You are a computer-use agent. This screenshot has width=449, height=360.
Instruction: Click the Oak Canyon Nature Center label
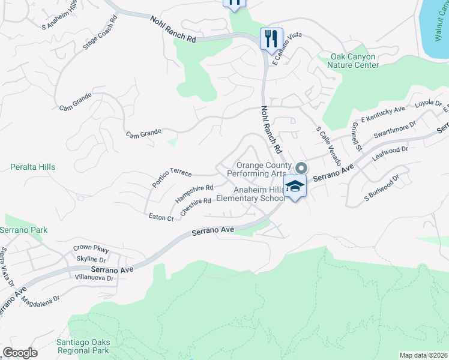click(x=355, y=61)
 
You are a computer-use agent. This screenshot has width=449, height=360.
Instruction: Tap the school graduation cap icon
click(x=295, y=187)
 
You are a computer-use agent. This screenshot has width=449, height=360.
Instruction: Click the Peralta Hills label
click(x=33, y=166)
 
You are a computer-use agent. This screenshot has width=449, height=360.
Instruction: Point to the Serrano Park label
click(x=23, y=230)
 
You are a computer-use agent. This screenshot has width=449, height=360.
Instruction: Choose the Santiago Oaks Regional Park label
click(x=83, y=346)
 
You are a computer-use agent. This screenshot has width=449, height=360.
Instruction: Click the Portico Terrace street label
click(x=172, y=177)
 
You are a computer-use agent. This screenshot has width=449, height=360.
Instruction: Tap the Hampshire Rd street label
click(x=194, y=193)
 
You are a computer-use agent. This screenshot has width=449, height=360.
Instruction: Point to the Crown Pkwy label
click(x=90, y=247)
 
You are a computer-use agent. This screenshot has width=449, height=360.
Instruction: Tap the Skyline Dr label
click(x=91, y=259)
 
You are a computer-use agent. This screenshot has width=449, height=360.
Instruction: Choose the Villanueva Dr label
click(x=93, y=278)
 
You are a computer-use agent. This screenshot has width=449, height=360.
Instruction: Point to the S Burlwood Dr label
click(x=382, y=188)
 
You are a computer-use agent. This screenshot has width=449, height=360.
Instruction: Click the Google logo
click(x=20, y=353)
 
